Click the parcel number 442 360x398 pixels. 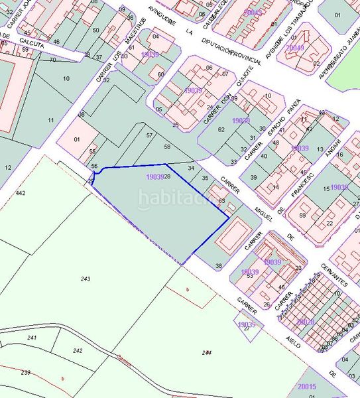[21, 193]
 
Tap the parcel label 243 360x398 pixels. [86, 279]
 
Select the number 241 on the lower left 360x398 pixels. [31, 338]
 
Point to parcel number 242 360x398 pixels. [78, 350]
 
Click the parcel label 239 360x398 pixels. [25, 373]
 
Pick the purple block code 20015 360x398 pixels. [308, 387]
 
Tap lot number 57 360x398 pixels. [149, 135]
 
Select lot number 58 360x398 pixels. [167, 147]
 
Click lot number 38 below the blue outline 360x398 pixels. [219, 266]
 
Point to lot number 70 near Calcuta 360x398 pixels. [52, 60]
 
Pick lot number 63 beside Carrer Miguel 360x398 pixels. [221, 200]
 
